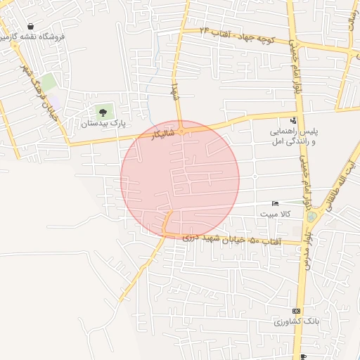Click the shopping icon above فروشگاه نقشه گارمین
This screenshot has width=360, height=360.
pyautogui.click(x=31, y=26)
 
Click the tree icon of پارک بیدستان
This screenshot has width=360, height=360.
pyautogui.click(x=103, y=112)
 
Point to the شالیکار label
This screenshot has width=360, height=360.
pyautogui.click(x=161, y=133)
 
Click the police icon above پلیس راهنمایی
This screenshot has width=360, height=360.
pyautogui.click(x=293, y=120)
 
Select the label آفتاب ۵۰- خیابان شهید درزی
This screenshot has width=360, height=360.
pyautogui.click(x=232, y=240)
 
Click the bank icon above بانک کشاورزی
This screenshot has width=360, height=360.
pyautogui.click(x=296, y=310)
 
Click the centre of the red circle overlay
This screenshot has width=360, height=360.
pyautogui.click(x=180, y=179)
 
